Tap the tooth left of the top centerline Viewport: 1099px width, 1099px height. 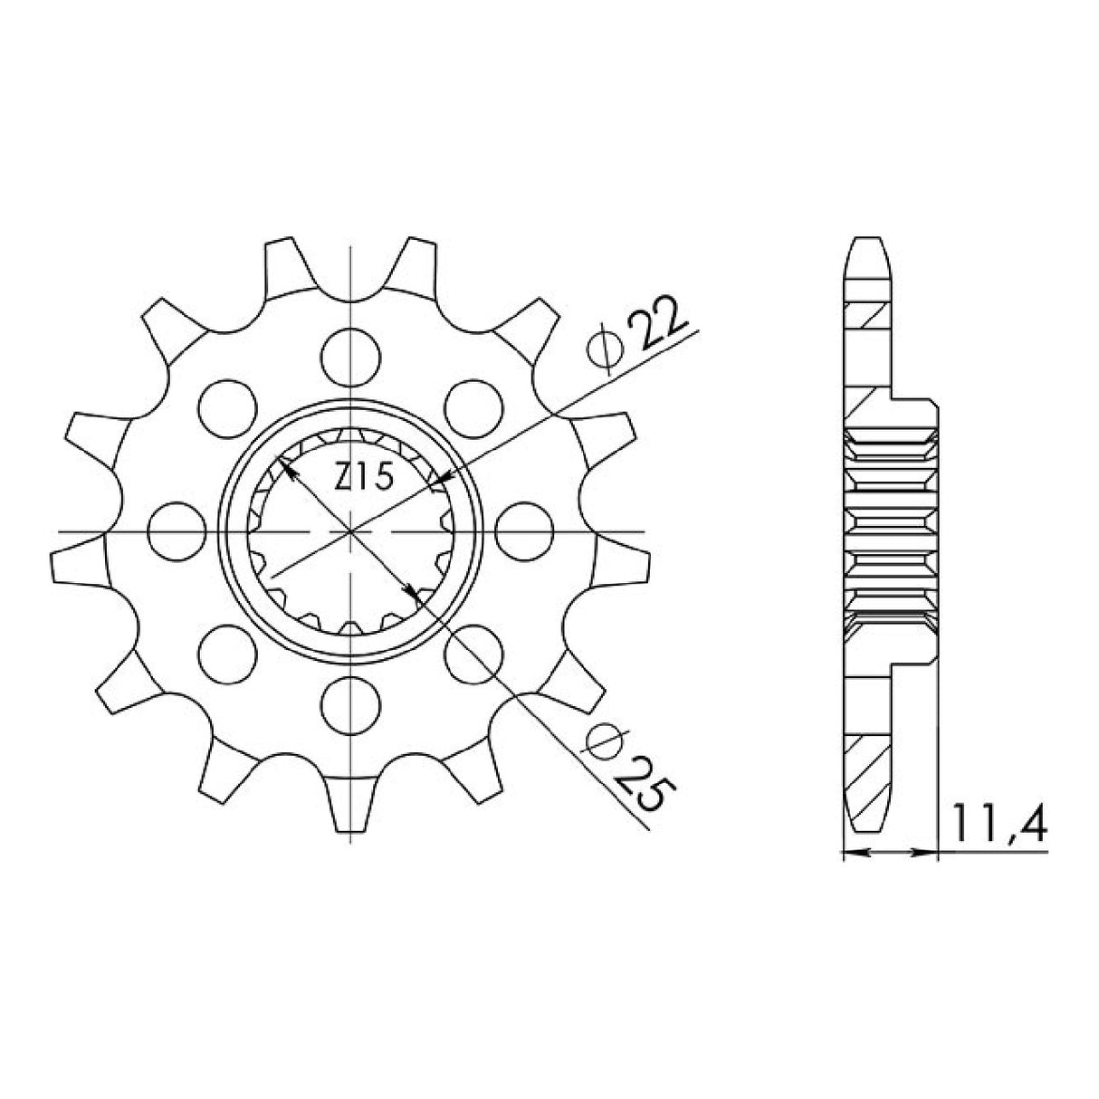283,267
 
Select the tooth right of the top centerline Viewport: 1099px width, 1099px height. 416,267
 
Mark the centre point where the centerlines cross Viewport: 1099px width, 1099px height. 350,530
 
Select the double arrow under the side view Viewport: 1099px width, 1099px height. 889,852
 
